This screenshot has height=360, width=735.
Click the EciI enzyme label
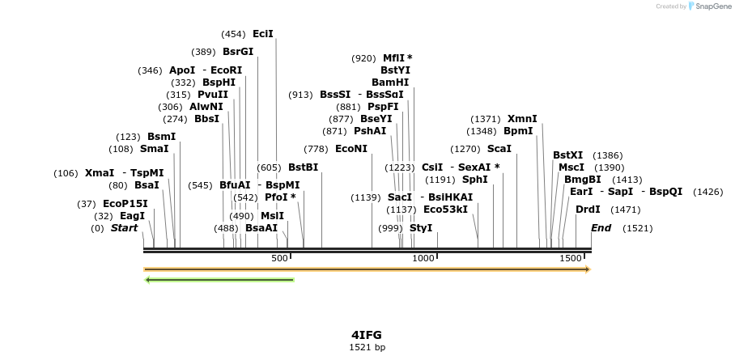coord(263,34)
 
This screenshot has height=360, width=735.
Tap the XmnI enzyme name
coord(522,119)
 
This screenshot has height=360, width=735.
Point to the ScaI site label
coord(499,149)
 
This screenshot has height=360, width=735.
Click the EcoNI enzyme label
coord(351,149)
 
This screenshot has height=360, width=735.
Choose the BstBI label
coord(303,167)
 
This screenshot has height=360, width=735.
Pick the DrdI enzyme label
coord(588,210)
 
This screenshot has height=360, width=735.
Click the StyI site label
coord(421,228)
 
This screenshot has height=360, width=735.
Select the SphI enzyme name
coord(475,180)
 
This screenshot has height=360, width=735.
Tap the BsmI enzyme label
coord(161,137)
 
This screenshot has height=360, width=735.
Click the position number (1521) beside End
coord(637,228)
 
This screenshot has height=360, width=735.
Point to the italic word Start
coord(125,228)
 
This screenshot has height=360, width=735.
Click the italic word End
coord(601,228)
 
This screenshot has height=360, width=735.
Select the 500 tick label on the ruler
coord(279,258)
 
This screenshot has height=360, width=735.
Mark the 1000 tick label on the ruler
coord(423,258)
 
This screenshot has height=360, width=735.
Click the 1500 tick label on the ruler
coord(571,258)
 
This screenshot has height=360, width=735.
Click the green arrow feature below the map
coord(219,280)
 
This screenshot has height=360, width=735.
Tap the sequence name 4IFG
coord(367,334)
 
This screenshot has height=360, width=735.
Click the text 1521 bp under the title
coord(367,347)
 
